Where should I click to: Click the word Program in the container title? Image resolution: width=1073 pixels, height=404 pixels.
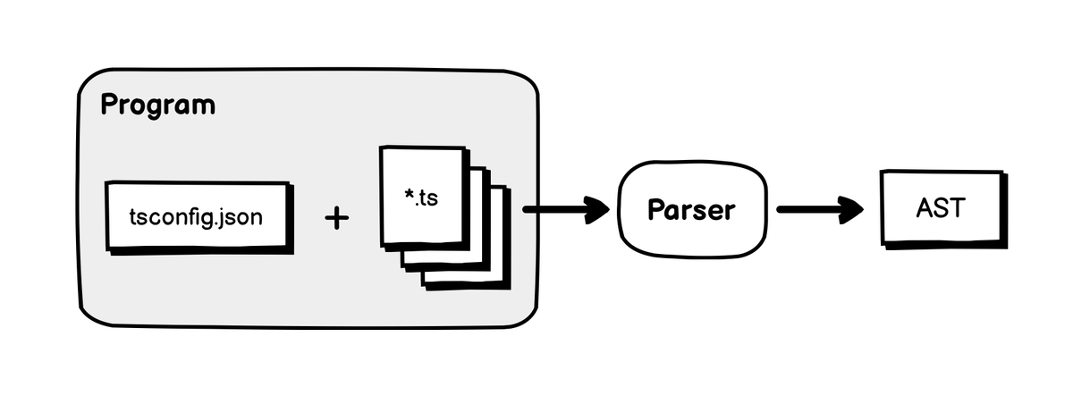(157, 105)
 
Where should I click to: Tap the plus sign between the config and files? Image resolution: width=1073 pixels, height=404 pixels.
(335, 217)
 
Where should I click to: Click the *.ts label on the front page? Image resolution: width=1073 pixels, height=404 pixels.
(421, 197)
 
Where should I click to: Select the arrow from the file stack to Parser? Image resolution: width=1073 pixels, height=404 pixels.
(563, 212)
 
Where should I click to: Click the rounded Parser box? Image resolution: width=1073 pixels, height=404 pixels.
(691, 210)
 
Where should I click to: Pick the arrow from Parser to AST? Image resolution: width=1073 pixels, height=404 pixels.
(818, 210)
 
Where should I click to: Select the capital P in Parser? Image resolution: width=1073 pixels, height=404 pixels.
(655, 210)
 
